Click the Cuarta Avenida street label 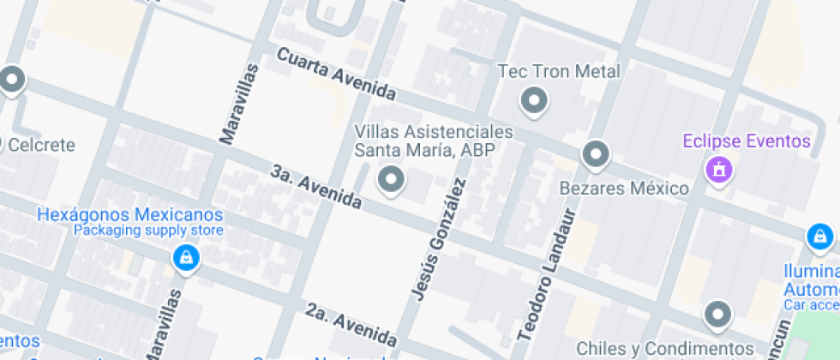(336, 73)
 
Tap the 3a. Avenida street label (315, 186)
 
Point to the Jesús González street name (439, 239)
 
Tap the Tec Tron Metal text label (559, 71)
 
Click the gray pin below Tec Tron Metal (535, 101)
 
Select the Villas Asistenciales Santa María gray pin (392, 180)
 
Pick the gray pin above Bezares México (595, 155)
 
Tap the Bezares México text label (624, 188)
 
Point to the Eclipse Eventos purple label (747, 141)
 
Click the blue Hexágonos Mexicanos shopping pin (184, 256)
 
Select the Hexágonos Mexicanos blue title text (130, 215)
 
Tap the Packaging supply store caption (148, 231)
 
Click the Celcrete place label (40, 145)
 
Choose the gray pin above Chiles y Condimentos (717, 315)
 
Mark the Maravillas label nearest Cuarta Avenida (238, 104)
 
